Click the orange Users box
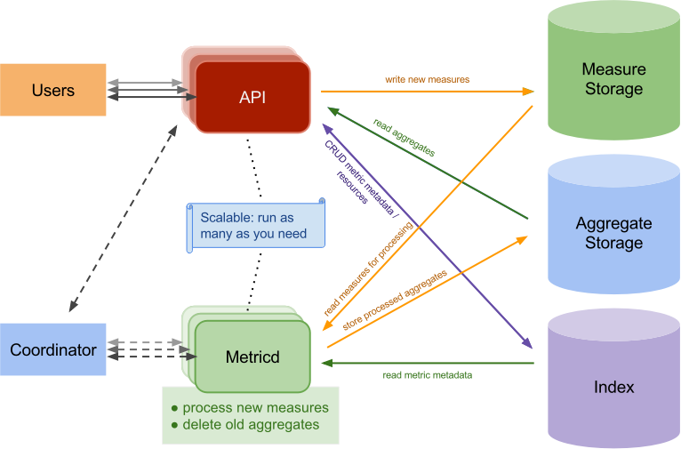53,90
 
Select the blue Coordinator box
53,349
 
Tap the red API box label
252,97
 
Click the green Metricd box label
252,357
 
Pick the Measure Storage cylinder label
613,79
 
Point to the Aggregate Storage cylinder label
613,233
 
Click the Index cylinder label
613,387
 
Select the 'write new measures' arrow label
427,80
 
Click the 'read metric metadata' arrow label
427,375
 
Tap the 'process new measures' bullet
249,407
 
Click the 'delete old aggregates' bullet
244,424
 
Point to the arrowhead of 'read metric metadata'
326,363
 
